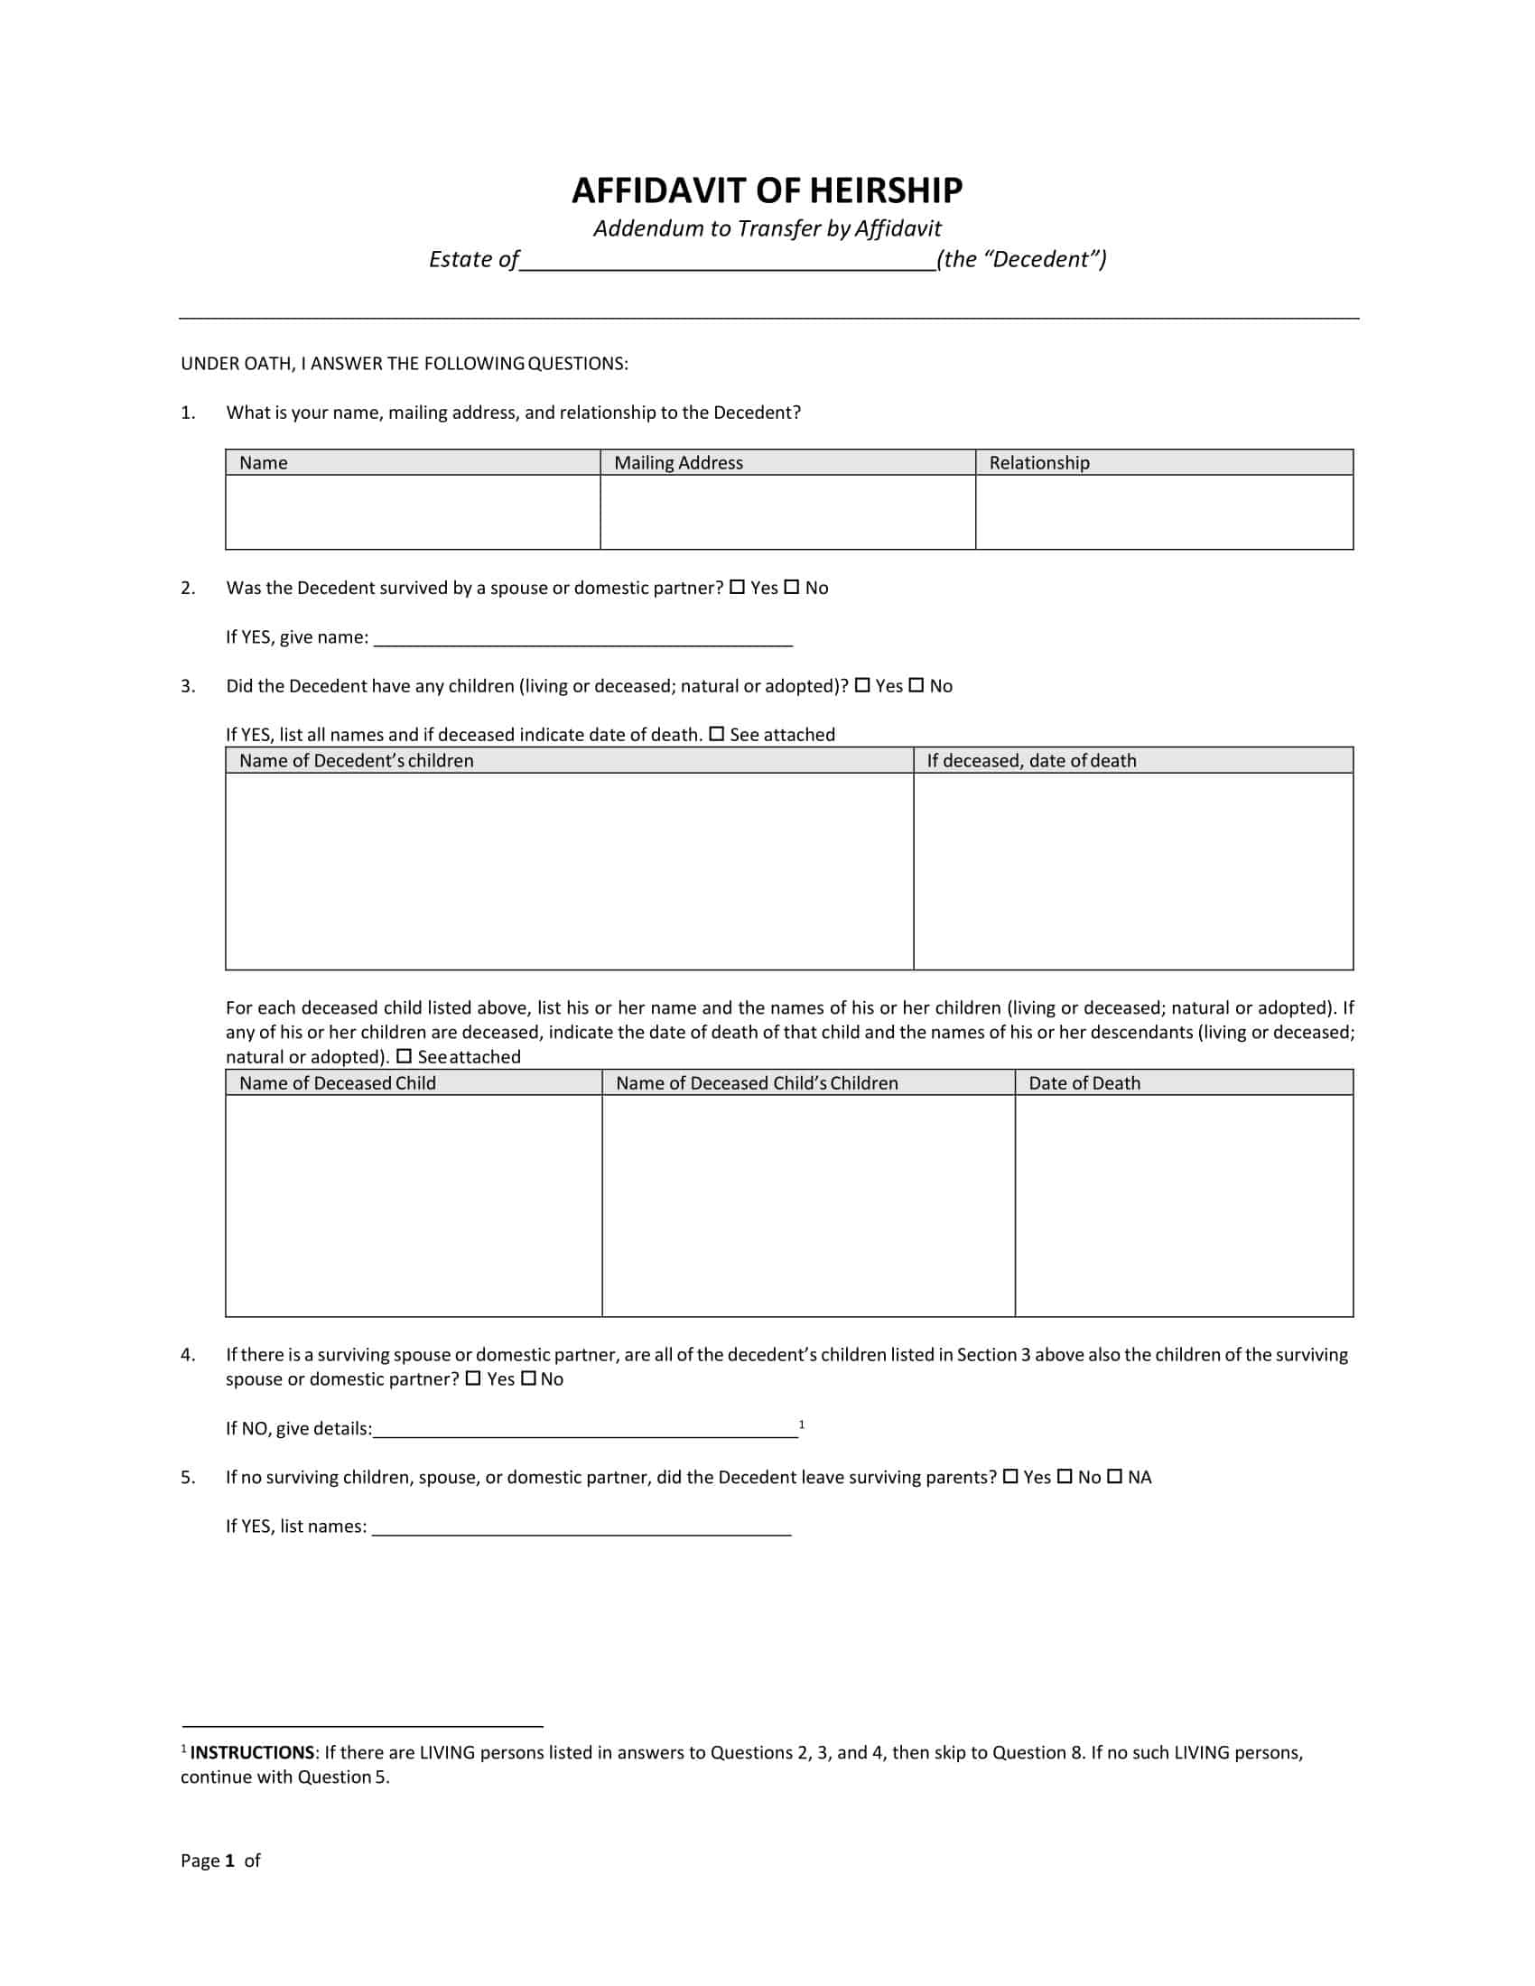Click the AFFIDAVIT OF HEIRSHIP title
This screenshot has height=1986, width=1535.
coord(767,191)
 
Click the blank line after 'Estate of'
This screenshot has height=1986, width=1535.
coord(728,262)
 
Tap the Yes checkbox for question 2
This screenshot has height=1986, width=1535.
coord(737,588)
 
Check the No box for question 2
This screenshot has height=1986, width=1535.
coord(791,588)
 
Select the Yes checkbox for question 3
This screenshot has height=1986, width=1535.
coord(862,686)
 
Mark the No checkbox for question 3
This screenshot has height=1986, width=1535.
coord(916,686)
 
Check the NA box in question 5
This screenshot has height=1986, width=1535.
coord(1114,1477)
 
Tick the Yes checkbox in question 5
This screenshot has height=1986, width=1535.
coord(1010,1477)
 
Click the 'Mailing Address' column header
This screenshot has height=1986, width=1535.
coord(678,463)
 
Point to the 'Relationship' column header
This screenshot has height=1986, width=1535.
coord(1038,463)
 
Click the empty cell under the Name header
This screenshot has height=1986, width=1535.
coord(413,512)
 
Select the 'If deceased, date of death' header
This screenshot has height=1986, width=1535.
coord(1031,761)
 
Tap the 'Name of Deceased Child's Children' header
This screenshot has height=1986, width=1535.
coord(757,1083)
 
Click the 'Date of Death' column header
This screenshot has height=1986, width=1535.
coord(1084,1083)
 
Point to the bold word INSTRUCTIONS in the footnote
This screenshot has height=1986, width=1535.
coord(252,1753)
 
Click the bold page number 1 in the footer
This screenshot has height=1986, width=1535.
coord(230,1861)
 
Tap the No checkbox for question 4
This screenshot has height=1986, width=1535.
coord(529,1378)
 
